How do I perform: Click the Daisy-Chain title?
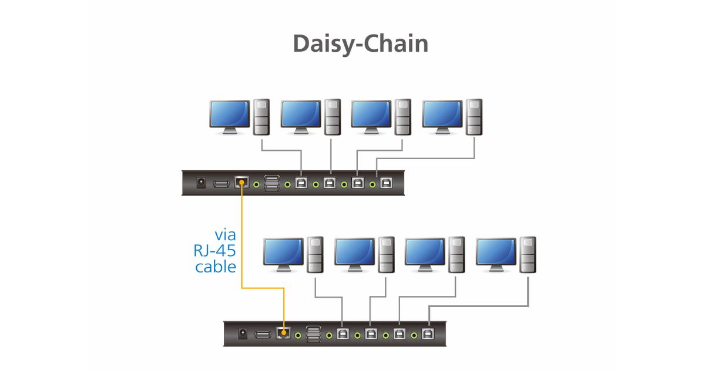coord(360,44)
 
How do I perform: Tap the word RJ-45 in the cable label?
coord(214,251)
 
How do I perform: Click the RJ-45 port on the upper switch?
coord(241,183)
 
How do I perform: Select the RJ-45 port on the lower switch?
coord(283,334)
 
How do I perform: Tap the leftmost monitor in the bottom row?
coord(283,253)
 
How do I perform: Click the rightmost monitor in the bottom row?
coord(496,253)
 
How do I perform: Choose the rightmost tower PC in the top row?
coord(474,116)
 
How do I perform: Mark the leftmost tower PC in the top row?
coord(261,116)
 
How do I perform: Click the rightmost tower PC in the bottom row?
coord(528,254)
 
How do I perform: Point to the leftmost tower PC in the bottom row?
coord(315,254)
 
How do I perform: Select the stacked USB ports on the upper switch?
coord(272,183)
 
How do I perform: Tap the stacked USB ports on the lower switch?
coord(314,334)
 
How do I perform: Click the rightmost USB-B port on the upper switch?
coord(386,183)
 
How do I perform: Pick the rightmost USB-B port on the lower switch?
coord(428,334)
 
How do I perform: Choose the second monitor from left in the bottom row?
coord(354,253)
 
